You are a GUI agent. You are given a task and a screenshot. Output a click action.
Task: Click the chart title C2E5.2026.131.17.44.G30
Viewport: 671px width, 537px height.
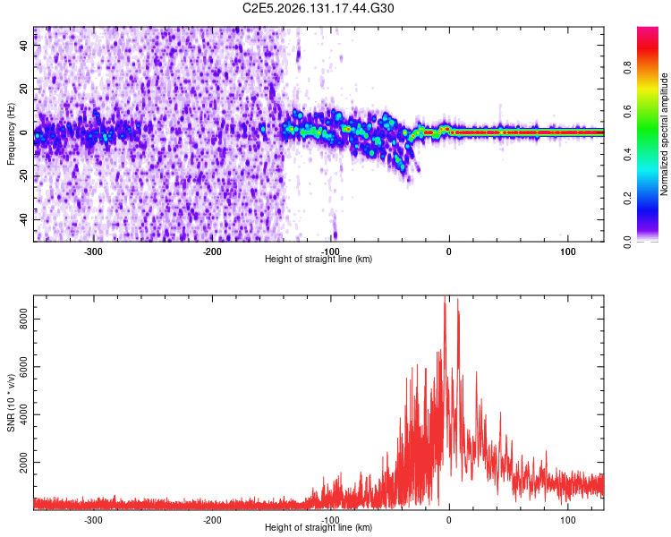[318, 8]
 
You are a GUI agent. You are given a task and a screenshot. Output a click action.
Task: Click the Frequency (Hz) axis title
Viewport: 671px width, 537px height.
[11, 134]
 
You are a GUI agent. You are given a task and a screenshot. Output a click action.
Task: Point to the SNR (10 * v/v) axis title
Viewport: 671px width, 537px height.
[11, 403]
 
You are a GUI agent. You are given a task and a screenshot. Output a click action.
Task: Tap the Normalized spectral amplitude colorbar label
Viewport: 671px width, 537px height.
[664, 134]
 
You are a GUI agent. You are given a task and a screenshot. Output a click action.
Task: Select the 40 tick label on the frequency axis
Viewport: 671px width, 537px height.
[23, 45]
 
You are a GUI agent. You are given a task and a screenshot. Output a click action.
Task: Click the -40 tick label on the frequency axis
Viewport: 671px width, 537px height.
[23, 218]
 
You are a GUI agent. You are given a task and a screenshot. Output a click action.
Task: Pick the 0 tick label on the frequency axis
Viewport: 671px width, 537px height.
[23, 132]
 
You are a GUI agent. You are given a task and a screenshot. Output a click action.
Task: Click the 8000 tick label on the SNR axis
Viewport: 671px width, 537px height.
[23, 319]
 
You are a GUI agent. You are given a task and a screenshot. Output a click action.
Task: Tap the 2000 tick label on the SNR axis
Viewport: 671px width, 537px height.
[23, 463]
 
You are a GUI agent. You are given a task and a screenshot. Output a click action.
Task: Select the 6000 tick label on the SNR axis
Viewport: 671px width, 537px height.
[23, 367]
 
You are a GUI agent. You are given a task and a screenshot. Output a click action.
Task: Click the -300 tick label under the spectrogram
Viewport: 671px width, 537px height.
[93, 251]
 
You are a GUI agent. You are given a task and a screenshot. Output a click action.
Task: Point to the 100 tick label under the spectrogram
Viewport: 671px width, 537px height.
[568, 251]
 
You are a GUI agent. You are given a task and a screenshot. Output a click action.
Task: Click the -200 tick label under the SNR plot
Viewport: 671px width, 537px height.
[212, 520]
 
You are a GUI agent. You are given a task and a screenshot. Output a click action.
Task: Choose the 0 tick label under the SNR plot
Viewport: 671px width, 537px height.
[449, 520]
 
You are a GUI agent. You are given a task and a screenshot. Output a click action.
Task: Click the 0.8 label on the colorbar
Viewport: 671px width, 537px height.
[628, 67]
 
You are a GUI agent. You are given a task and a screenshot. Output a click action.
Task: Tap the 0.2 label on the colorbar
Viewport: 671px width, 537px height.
[628, 198]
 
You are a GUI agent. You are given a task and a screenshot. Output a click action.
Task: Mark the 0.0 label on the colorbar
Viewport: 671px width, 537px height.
[628, 242]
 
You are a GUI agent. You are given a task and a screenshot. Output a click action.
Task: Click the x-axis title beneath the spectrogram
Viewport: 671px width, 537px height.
[319, 259]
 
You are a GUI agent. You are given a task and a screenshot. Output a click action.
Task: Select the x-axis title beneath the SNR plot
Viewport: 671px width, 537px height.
[319, 527]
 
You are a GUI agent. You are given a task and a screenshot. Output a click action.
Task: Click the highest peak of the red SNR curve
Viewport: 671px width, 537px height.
[445, 296]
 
